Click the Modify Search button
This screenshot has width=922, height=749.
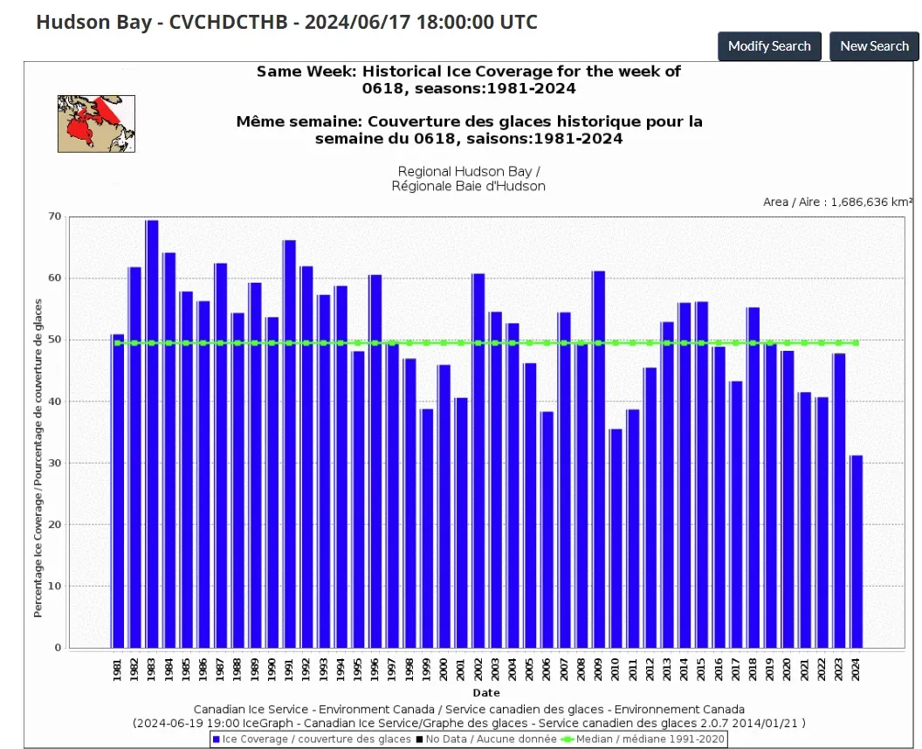pos(769,46)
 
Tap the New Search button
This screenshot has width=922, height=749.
pos(874,46)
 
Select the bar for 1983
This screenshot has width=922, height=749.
pos(152,434)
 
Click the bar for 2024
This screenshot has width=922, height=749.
pos(857,552)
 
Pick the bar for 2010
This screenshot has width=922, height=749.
pos(616,539)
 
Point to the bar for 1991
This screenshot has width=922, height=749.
pos(289,443)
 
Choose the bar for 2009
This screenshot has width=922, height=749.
pos(599,459)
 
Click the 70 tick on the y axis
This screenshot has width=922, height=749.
pos(55,216)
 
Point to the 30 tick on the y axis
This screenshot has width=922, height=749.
pos(55,463)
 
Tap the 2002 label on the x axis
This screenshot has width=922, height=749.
pos(478,670)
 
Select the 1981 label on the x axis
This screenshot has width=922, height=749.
pos(117,670)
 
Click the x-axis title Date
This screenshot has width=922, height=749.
pos(486,692)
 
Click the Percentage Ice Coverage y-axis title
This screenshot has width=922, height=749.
pos(38,458)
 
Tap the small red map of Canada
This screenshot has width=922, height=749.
pos(96,124)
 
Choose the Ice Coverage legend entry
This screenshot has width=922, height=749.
pos(312,739)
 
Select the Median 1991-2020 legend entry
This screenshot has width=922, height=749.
pos(643,739)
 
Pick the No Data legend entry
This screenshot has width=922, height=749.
pos(486,739)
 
